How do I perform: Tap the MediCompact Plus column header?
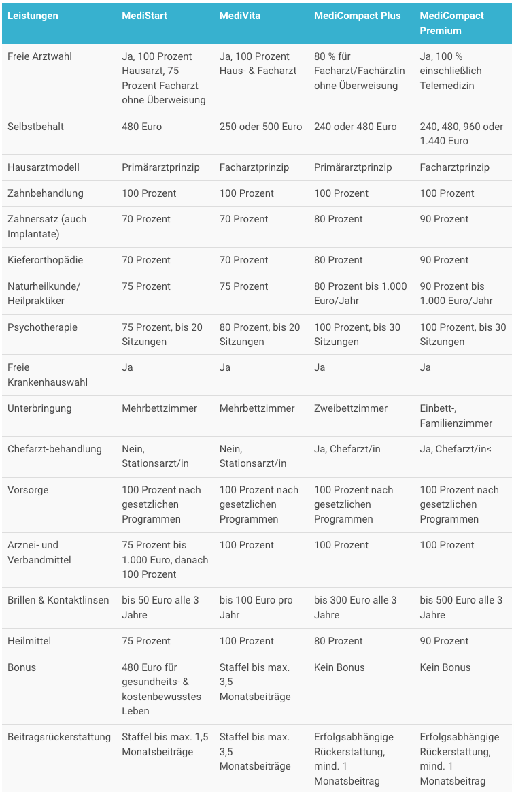tap(357, 16)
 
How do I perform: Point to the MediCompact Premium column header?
tap(452, 22)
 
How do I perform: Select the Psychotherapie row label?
tap(42, 327)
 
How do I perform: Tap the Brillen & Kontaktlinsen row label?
tap(58, 600)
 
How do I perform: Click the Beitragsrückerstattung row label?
tap(59, 737)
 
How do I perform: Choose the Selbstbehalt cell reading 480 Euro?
tap(142, 127)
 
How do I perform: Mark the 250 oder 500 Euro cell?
tap(260, 127)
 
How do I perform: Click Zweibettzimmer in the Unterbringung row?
tap(351, 408)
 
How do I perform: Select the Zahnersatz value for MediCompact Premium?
tap(444, 219)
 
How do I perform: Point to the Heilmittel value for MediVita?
tap(247, 641)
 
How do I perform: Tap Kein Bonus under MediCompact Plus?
tap(339, 667)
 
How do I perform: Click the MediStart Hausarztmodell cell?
tap(160, 167)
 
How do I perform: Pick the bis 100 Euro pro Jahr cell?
tap(256, 608)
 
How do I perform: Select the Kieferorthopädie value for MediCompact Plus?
tap(339, 260)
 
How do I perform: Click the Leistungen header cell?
tap(33, 16)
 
